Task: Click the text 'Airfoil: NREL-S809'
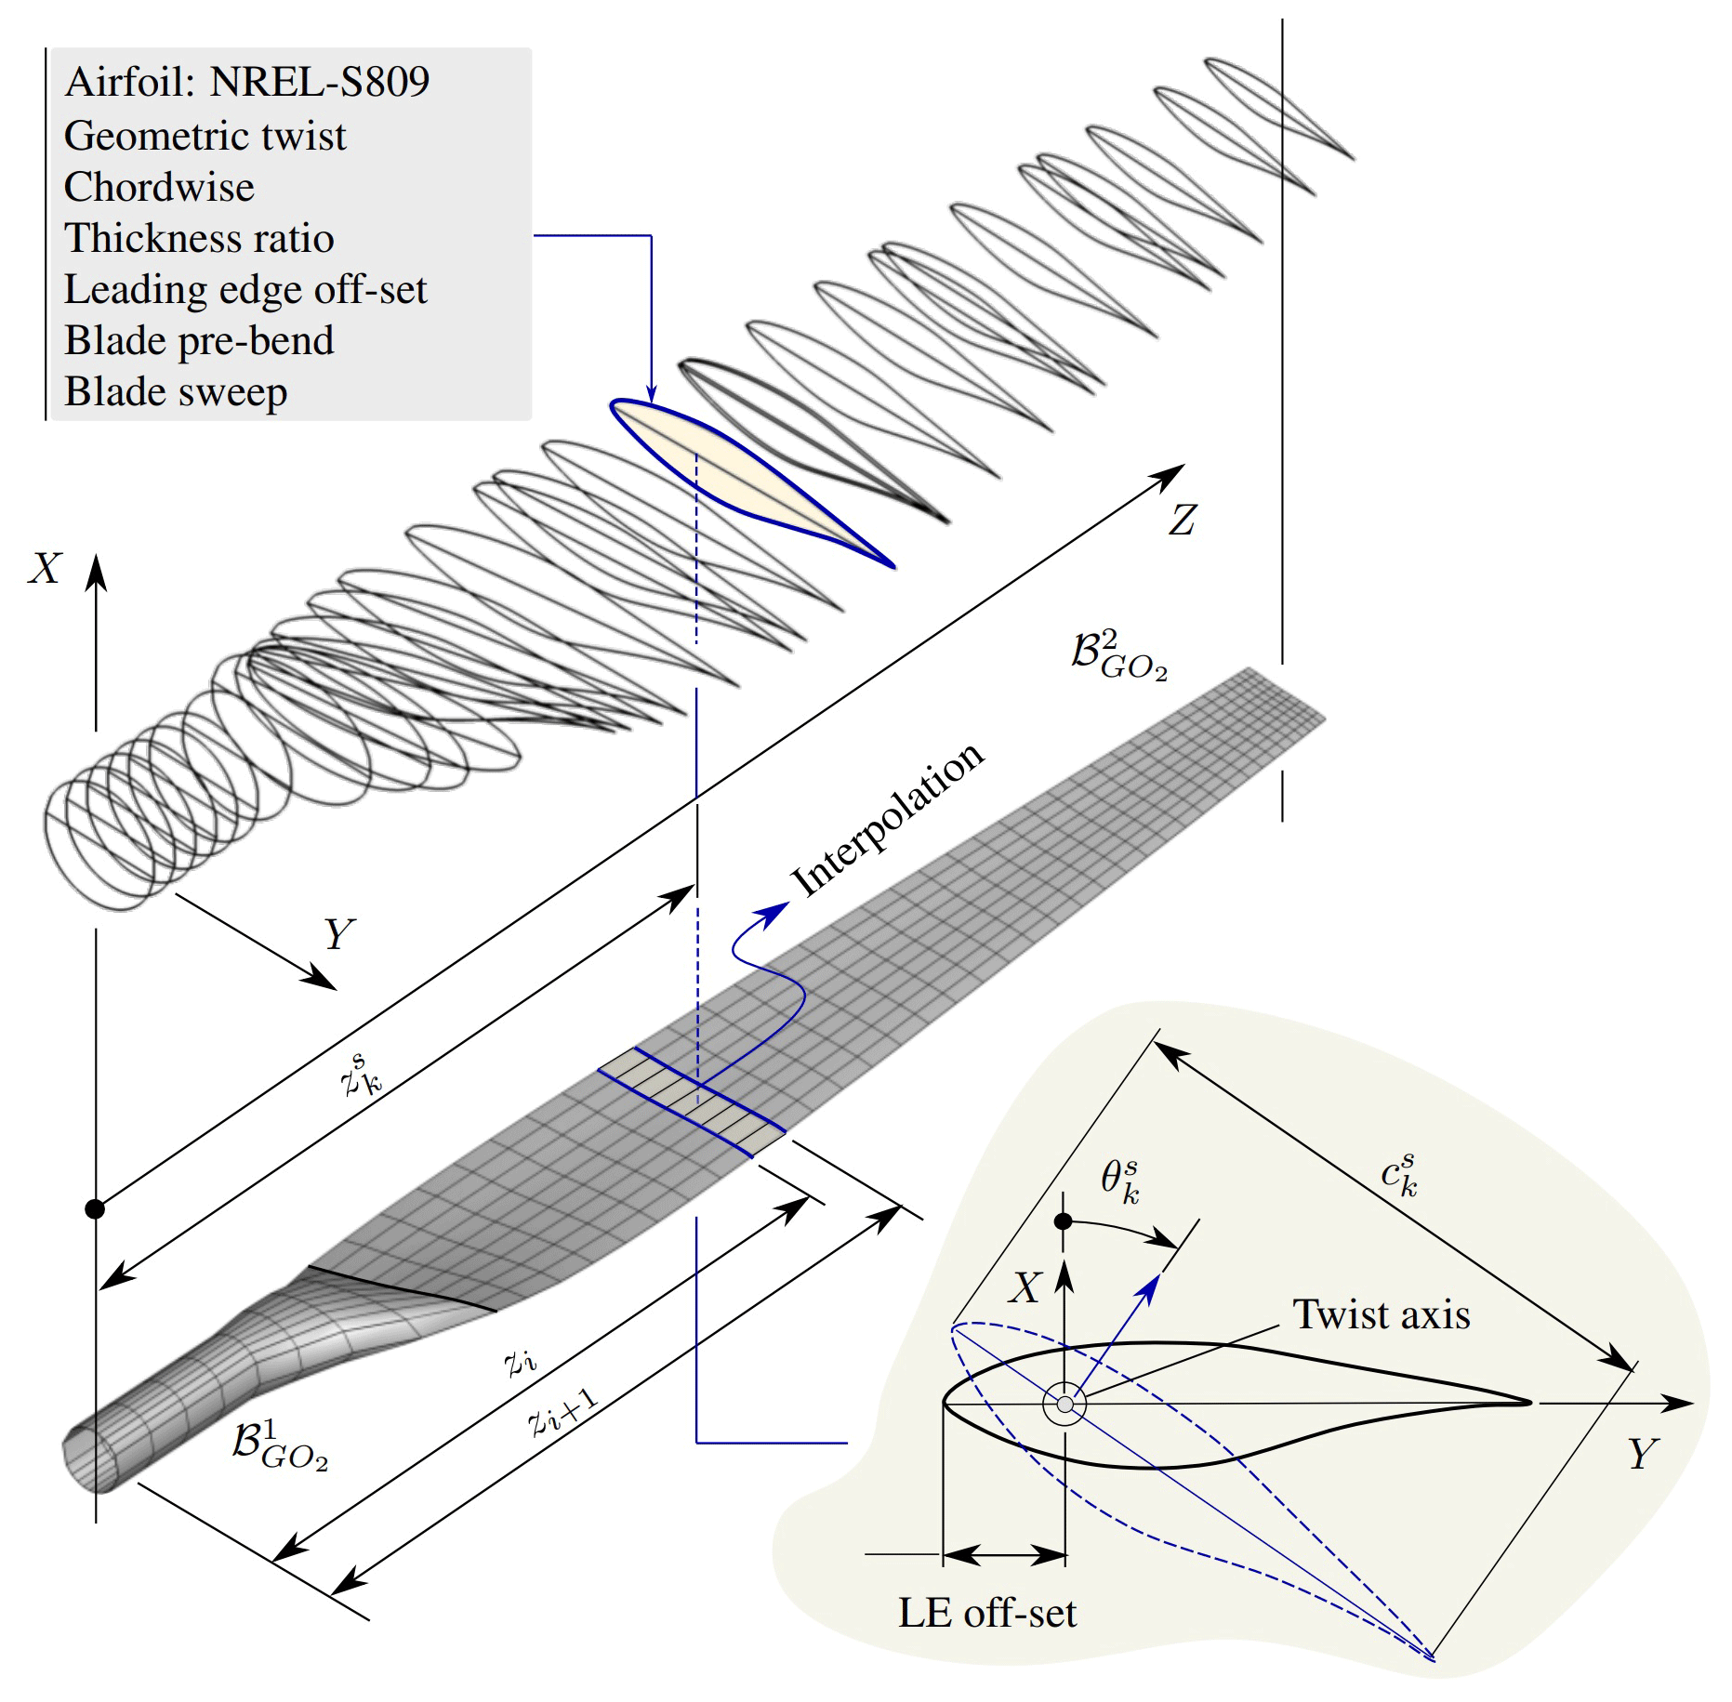click(x=246, y=83)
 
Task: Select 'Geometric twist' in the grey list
click(x=205, y=137)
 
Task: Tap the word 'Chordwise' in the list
click(x=159, y=188)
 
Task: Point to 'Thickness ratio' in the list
click(x=199, y=239)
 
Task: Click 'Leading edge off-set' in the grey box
click(x=245, y=290)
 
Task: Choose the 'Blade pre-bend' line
click(x=199, y=341)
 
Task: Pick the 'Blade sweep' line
click(x=176, y=392)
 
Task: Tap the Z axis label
click(x=1183, y=520)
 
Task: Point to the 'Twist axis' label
click(x=1382, y=1315)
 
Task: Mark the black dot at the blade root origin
click(x=95, y=1208)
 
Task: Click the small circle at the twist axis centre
click(x=1064, y=1404)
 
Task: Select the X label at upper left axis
click(x=45, y=568)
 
